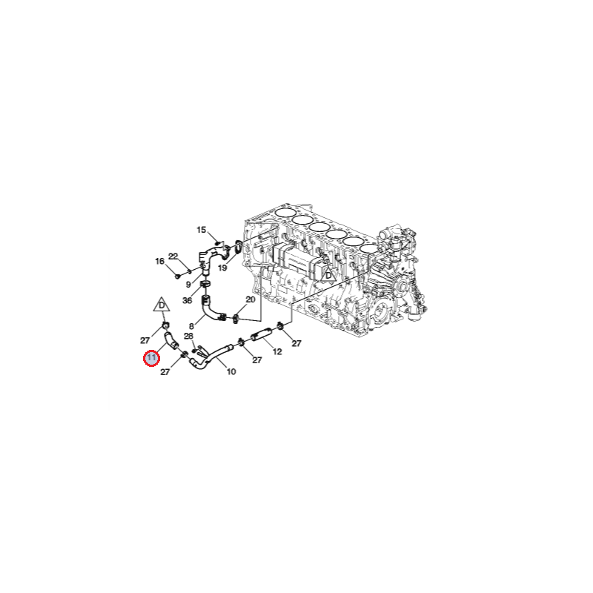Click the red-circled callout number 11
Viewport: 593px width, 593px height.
[x=152, y=358]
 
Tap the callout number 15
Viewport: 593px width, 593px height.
[x=201, y=230]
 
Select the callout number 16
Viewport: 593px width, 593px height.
[x=159, y=262]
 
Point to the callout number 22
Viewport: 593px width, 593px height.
[x=173, y=256]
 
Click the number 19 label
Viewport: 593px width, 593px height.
[x=222, y=268]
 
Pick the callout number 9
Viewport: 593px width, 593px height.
[x=188, y=285]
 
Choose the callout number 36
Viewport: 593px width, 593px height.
[x=188, y=301]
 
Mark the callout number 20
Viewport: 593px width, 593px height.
[x=251, y=299]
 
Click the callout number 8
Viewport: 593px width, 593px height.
[x=191, y=326]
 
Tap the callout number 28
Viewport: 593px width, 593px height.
[x=188, y=337]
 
